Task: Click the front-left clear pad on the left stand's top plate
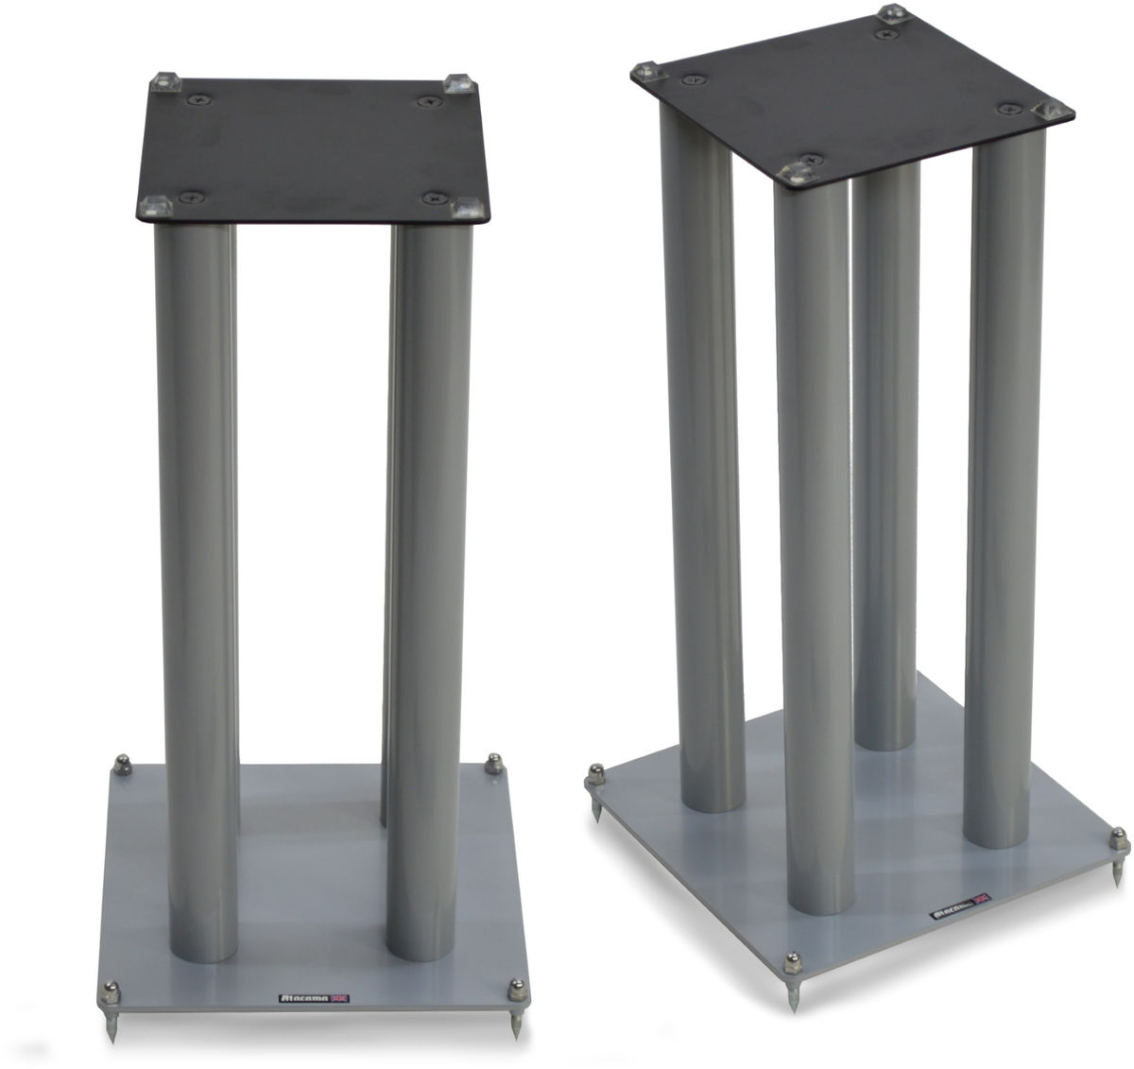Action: click(154, 204)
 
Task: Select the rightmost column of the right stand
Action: click(981, 491)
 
